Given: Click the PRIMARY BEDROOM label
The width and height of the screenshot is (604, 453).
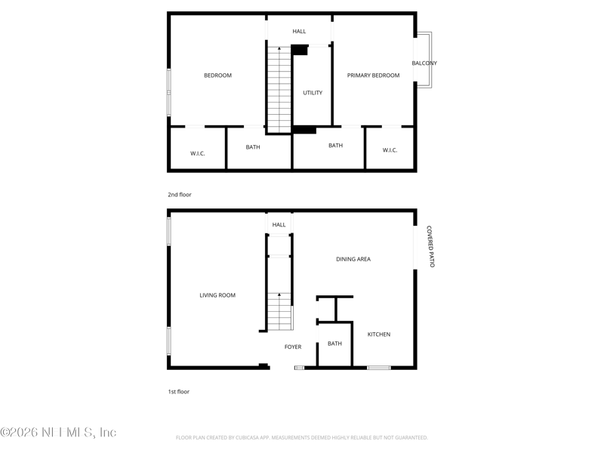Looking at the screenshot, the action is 373,75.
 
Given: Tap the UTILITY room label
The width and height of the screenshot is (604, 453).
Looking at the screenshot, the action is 313,93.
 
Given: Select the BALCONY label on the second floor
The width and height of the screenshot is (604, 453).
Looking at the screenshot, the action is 424,63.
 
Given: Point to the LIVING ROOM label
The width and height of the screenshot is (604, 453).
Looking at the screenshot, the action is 217,295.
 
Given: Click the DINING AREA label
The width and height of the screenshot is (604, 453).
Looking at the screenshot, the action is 353,259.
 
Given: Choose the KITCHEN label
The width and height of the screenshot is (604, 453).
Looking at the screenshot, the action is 379,334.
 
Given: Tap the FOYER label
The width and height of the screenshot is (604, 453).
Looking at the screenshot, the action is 293,347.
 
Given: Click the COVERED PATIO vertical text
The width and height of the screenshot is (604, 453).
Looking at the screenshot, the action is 430,247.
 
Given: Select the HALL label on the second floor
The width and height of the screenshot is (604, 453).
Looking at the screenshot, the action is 299,32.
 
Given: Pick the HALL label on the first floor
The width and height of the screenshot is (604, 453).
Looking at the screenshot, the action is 279,225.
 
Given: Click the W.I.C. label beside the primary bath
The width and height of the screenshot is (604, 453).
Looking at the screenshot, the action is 390,150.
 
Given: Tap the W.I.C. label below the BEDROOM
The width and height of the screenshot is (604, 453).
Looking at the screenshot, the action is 198,154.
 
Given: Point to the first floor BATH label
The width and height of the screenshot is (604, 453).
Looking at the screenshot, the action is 334,344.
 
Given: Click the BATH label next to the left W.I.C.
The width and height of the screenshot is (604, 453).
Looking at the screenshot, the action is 253,147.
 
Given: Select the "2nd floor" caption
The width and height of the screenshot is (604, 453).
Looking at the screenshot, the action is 180,195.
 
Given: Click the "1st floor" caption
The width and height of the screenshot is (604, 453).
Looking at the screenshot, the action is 179,392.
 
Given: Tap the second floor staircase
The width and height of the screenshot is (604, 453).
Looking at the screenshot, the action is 279,90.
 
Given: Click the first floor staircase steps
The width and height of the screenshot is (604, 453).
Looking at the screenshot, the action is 279,311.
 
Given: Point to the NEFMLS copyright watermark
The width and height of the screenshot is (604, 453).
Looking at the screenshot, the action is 58,432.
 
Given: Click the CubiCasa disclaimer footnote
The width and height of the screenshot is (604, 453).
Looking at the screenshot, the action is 301,438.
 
